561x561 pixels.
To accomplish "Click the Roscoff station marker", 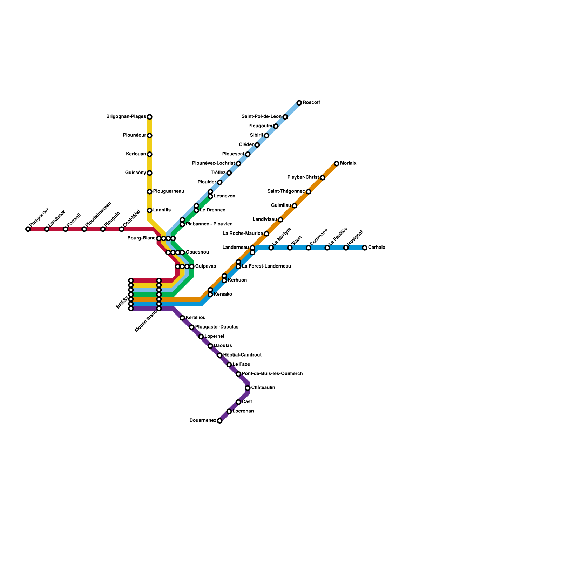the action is point(299,103).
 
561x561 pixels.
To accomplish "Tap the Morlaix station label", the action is point(348,163).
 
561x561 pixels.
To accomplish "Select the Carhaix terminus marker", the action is point(365,248).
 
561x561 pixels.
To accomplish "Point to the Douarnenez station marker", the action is point(219,421).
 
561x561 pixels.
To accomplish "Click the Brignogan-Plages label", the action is point(126,117).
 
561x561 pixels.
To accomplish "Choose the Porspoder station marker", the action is point(28,229).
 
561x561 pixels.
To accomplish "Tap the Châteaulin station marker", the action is point(248,388).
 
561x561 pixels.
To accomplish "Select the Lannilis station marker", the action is point(150,210).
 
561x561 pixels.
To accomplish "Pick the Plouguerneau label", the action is point(169,191).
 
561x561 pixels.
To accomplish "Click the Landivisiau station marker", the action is point(280,220).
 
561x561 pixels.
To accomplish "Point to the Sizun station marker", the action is point(290,248).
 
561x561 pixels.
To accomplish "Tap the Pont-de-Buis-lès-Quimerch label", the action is point(272,374).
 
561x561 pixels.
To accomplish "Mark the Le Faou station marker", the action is point(229,365).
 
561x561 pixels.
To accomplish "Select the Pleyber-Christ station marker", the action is point(323,178).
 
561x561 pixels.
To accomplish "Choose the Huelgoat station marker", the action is point(346,248).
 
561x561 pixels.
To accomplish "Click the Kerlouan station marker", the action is point(150,154).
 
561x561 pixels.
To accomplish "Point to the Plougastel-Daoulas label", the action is point(217,327).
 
